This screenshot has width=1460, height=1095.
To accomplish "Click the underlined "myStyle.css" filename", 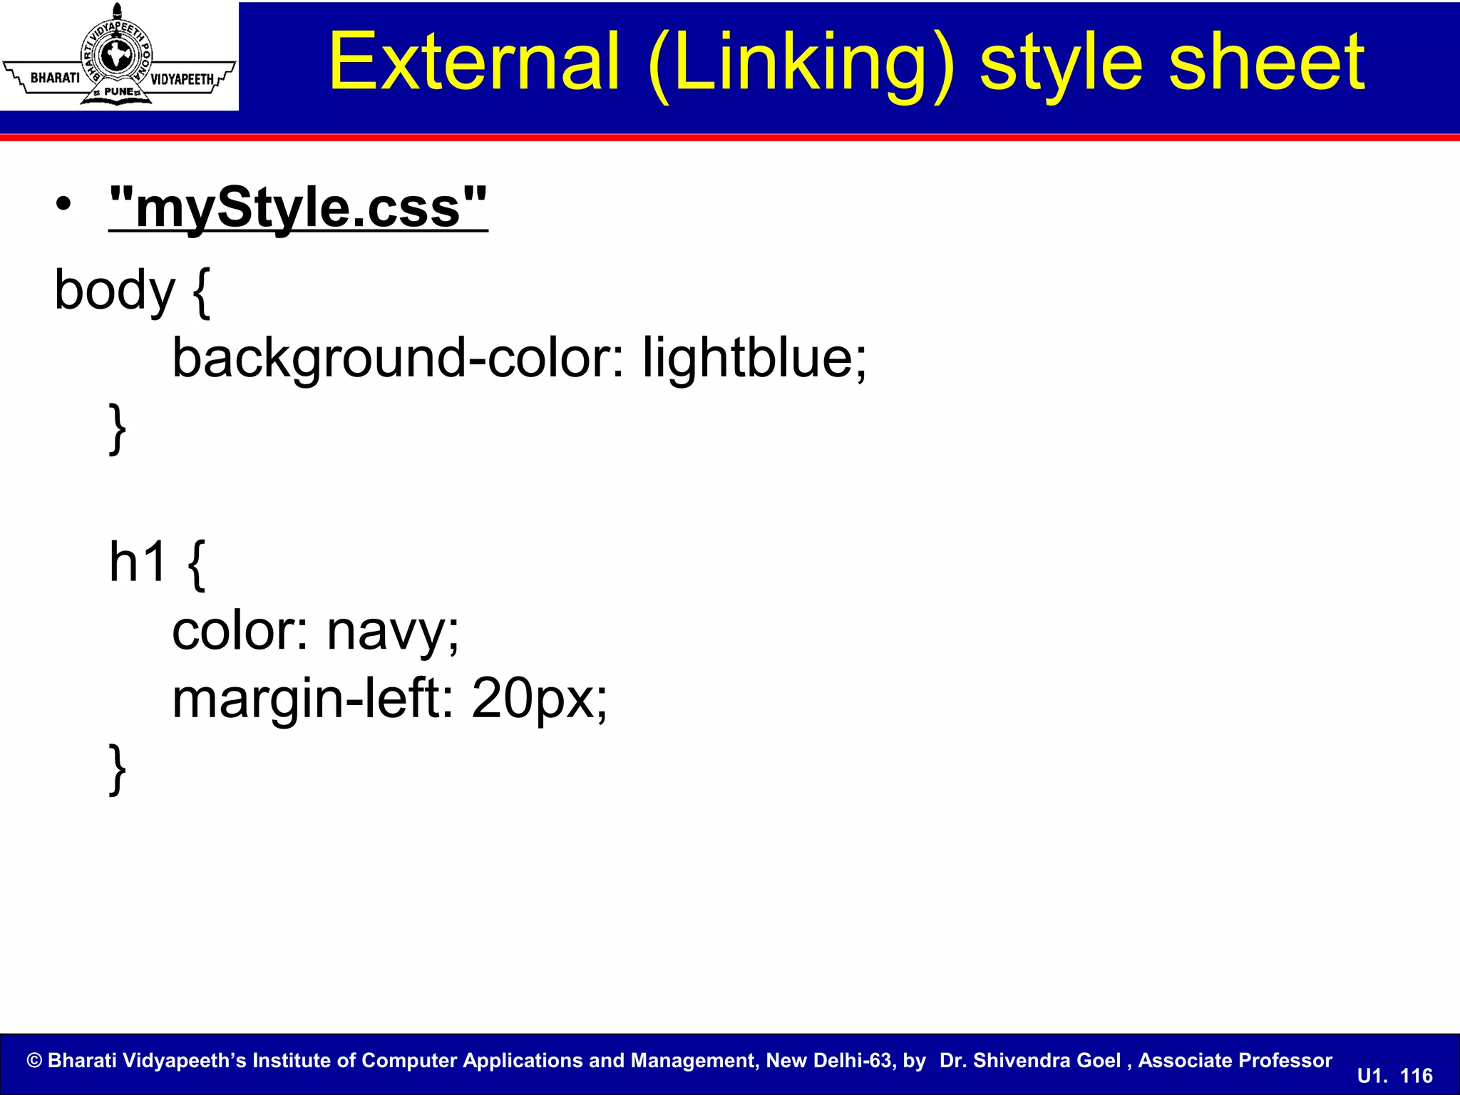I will click(298, 208).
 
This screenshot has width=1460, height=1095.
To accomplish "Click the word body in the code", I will click(114, 291).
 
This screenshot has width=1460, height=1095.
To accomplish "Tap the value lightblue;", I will click(754, 357).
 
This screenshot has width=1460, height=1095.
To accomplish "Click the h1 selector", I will click(138, 562).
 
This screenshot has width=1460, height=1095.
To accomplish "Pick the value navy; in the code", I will click(393, 632).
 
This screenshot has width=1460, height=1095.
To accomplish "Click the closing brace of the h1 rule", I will click(118, 768).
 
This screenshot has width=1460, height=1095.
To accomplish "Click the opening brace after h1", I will click(197, 564).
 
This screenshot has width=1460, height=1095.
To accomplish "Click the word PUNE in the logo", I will click(118, 92).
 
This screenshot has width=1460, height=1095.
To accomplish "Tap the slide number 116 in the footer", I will click(1416, 1076).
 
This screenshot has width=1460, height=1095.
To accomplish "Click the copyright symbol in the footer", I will click(34, 1061).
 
